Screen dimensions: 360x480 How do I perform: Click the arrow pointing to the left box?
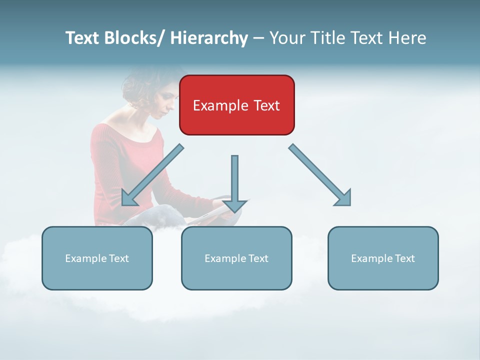click(152, 175)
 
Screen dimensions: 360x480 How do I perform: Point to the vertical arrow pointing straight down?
click(234, 180)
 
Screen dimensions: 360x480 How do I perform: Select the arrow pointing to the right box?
click(320, 175)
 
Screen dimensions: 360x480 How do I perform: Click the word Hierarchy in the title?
click(209, 38)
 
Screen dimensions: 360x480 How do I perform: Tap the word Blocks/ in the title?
click(132, 38)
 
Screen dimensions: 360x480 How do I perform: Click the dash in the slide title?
click(258, 38)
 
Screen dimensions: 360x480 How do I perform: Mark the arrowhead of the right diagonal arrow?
click(343, 198)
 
